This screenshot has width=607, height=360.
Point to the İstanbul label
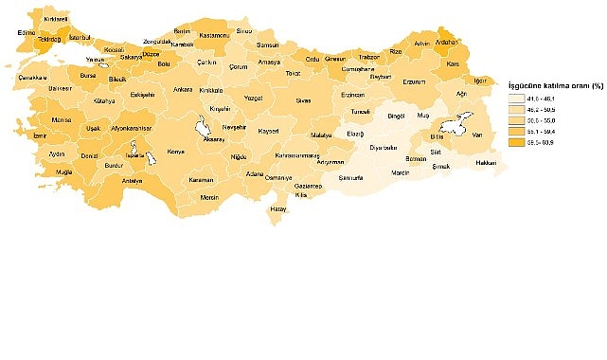point(79,36)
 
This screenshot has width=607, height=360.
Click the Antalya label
point(133,181)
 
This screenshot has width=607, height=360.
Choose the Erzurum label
point(415,81)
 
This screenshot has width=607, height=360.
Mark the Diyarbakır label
point(384,147)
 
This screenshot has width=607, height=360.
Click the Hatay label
point(277,207)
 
